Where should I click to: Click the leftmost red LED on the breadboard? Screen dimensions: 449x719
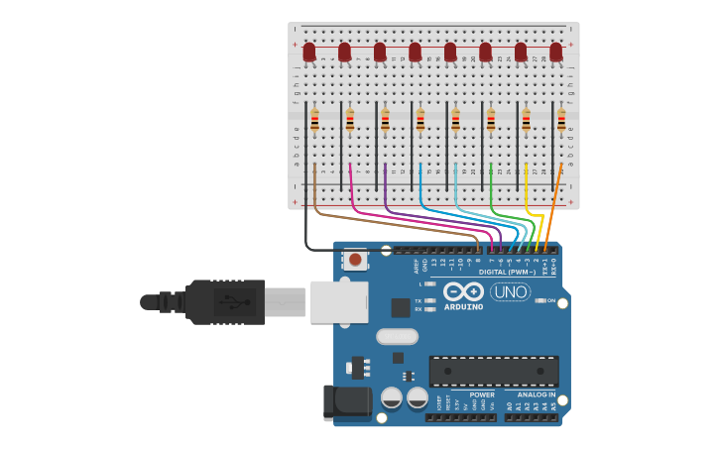309,52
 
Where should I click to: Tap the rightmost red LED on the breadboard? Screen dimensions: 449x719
556,52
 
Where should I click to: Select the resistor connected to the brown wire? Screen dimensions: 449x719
314,121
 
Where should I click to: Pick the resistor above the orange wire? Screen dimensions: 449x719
561,121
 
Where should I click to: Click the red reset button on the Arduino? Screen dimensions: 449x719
355,261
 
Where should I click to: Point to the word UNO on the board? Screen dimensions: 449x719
510,292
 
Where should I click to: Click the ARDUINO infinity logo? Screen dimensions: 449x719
463,291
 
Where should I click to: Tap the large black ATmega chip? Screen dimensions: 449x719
493,371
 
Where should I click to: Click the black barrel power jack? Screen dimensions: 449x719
347,402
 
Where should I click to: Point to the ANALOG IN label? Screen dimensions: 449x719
537,394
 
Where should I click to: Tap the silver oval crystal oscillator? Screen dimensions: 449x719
397,336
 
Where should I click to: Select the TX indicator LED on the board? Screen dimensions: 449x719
429,300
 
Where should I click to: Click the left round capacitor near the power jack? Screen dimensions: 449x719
392,397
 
